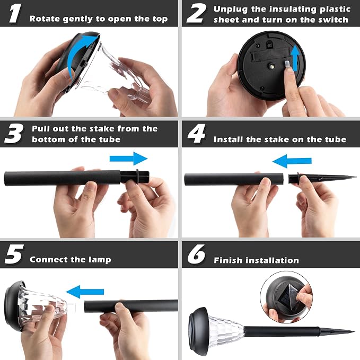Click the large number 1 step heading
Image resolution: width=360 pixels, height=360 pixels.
(15, 13)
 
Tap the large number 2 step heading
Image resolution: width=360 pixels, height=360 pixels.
(196, 14)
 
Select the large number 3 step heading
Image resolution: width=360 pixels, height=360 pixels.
(14, 134)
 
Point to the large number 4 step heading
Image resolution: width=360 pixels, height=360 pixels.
(196, 134)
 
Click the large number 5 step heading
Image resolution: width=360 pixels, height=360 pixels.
(14, 254)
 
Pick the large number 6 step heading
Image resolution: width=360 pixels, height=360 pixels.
(196, 254)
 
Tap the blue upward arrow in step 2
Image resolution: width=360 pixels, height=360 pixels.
(295, 58)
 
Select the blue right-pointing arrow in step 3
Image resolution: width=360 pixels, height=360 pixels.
(128, 159)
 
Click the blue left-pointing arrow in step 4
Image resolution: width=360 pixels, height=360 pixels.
(292, 161)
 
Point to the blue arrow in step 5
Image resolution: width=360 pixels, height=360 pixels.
(85, 292)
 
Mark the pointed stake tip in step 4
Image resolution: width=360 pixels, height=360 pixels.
(356, 177)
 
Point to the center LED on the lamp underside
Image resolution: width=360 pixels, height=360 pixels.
(273, 67)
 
